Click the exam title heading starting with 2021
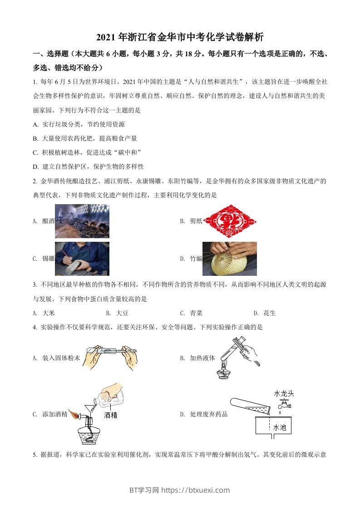pos(180,37)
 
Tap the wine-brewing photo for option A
pos(82,221)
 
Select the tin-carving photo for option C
pos(82,259)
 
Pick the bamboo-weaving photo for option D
pos(229,259)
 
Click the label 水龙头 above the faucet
pos(284,393)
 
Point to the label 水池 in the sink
pos(279,427)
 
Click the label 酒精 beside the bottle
pos(111,415)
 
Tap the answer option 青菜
pos(196,313)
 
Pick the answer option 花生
pos(270,313)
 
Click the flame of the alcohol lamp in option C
pos(73,414)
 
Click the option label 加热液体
pos(202,358)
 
